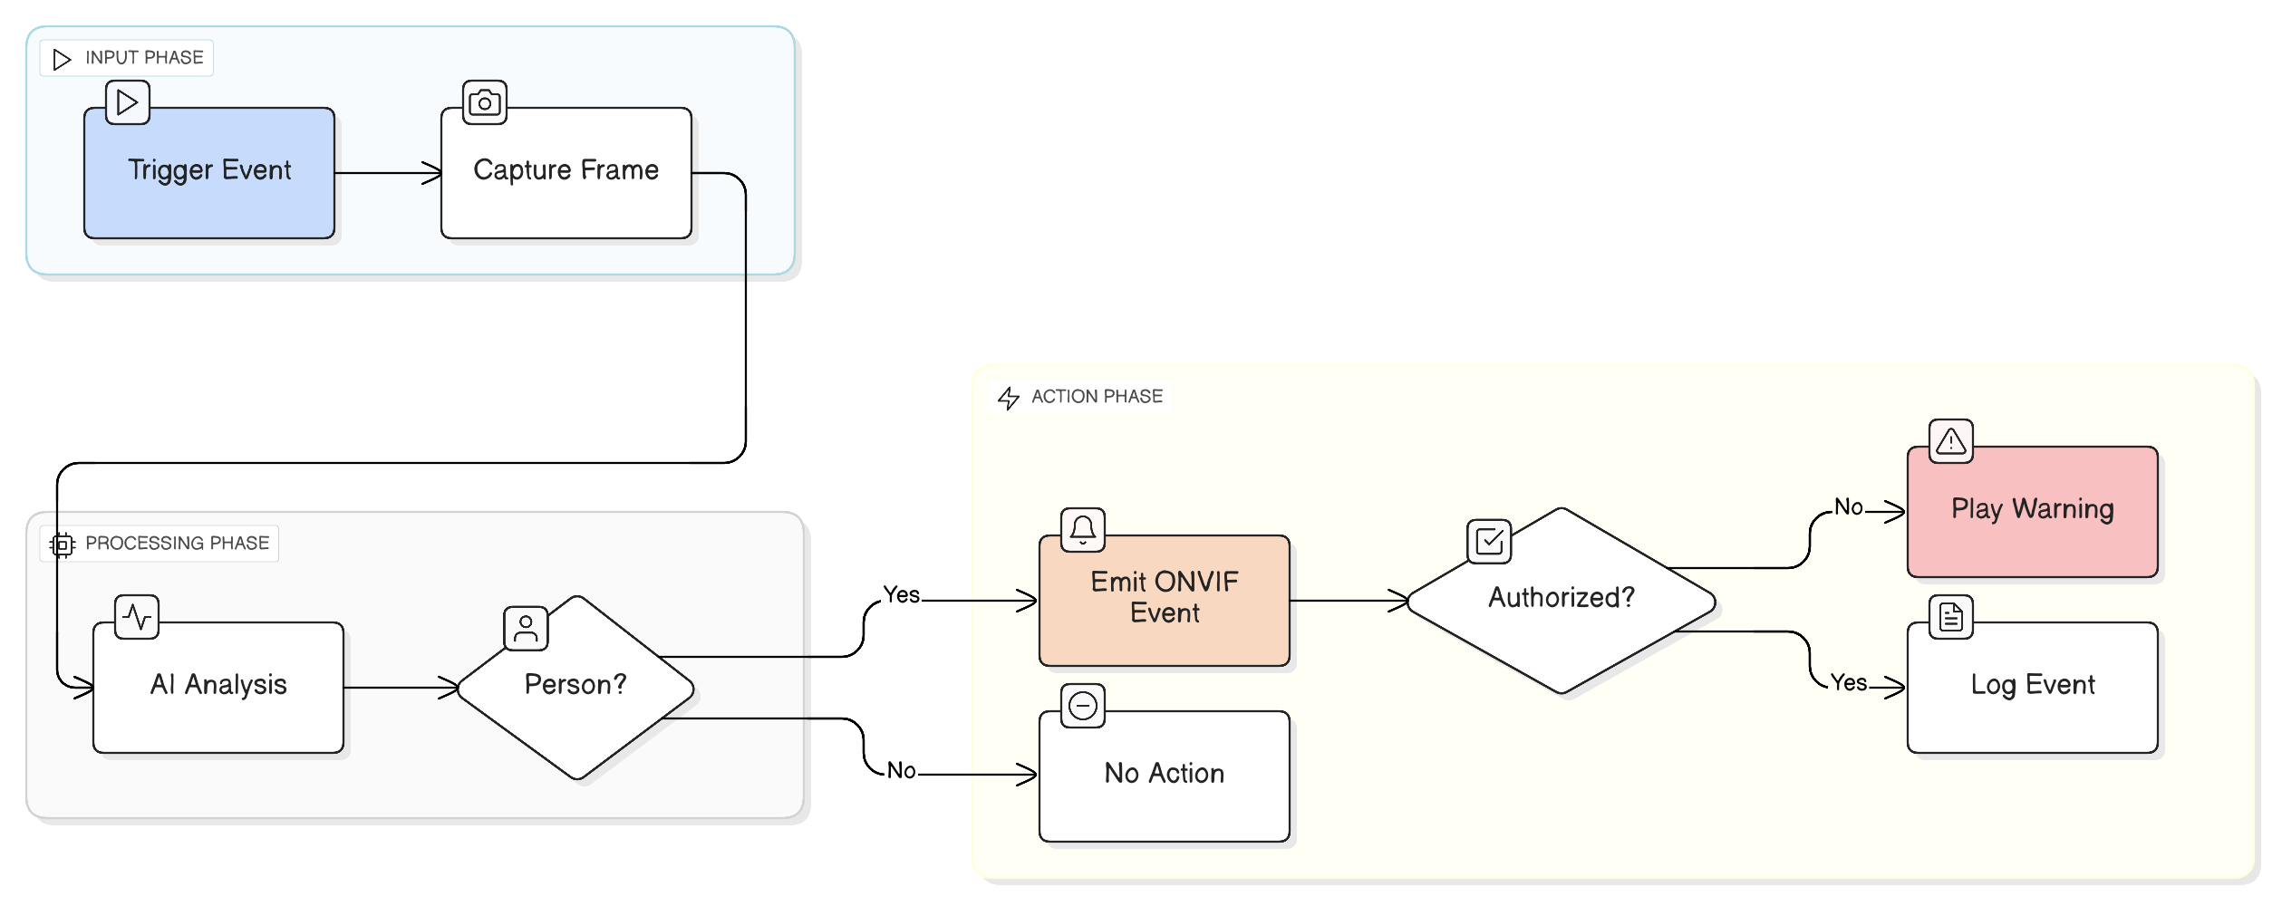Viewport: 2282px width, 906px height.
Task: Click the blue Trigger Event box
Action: coord(208,172)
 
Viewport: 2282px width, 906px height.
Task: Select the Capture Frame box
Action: coord(566,172)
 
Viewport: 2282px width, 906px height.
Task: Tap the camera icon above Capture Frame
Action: coord(485,102)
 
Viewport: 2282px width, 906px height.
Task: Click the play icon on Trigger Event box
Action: coord(128,102)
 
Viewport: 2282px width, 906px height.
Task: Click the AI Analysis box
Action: coord(218,686)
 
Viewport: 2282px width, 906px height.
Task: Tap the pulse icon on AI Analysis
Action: coord(137,617)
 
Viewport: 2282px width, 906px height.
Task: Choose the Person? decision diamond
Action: coord(576,688)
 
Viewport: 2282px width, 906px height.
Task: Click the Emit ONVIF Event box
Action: coord(1164,599)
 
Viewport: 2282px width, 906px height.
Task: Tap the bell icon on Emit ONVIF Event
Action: coord(1082,529)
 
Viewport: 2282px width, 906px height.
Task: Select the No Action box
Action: coord(1164,775)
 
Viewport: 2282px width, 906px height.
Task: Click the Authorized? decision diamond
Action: coord(1561,599)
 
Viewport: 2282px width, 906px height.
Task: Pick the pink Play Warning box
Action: coord(2032,510)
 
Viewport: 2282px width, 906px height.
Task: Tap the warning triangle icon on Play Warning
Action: coord(1950,441)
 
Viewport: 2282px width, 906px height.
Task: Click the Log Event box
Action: coord(2032,686)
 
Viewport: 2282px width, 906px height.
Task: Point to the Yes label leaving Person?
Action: coord(901,595)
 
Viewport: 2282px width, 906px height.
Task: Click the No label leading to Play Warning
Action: coord(1848,507)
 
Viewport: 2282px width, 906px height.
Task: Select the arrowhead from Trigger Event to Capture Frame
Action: coord(433,173)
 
